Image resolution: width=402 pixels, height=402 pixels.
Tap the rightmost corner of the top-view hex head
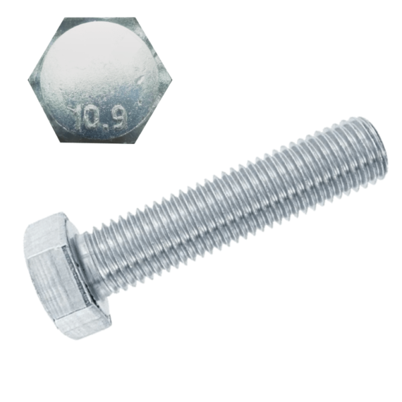point(172,80)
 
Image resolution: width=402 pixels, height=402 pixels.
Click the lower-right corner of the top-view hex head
point(138,141)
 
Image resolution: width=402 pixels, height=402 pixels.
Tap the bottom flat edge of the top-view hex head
point(101,141)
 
